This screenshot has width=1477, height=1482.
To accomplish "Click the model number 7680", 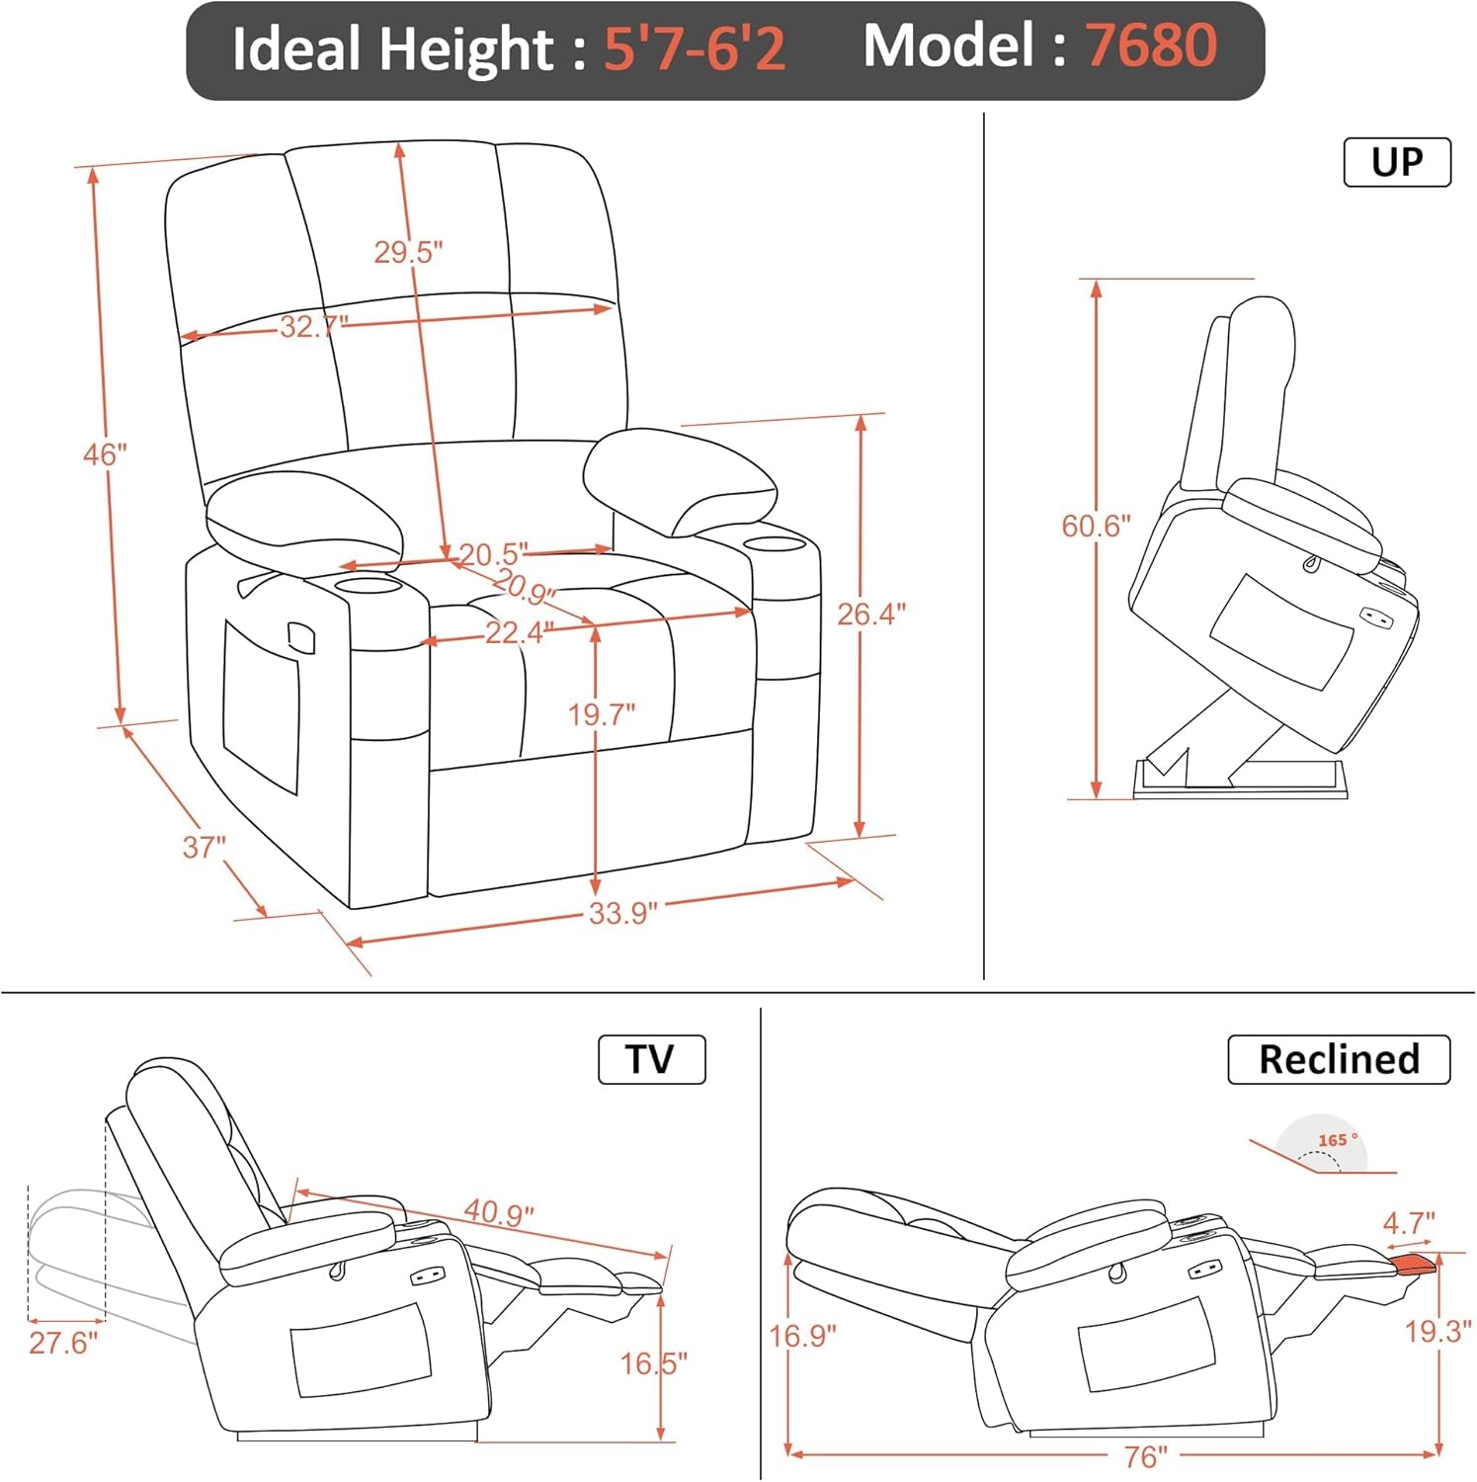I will [1151, 46].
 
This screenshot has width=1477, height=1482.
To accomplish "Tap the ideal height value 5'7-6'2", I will [695, 48].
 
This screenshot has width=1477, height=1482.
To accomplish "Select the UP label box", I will [1397, 162].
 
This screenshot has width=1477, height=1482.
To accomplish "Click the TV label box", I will [651, 1059].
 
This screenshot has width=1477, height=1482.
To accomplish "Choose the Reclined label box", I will [1339, 1059].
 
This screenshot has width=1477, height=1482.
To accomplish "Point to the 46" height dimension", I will [105, 454].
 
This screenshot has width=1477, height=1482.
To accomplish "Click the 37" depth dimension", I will [204, 847].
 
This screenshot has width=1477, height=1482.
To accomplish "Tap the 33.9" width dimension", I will [622, 912].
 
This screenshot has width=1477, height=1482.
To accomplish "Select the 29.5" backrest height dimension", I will [407, 252].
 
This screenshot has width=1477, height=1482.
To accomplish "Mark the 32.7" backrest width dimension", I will [313, 325].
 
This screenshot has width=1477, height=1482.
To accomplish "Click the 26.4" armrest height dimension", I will [870, 614].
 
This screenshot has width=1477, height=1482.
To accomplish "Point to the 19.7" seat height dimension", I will [601, 713].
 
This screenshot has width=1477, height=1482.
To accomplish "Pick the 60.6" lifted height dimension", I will [1096, 526].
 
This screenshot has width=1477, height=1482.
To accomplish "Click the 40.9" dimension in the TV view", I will [499, 1211].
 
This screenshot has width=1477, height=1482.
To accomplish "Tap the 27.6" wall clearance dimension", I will [63, 1343].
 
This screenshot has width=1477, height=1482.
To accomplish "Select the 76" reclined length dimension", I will [1145, 1456].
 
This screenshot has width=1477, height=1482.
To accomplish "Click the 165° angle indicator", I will [1337, 1141].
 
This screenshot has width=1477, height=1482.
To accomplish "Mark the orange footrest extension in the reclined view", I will [1415, 1264].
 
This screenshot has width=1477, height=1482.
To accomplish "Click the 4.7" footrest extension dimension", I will [1408, 1223].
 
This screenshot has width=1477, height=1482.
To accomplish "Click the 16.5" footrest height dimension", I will [653, 1363].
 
